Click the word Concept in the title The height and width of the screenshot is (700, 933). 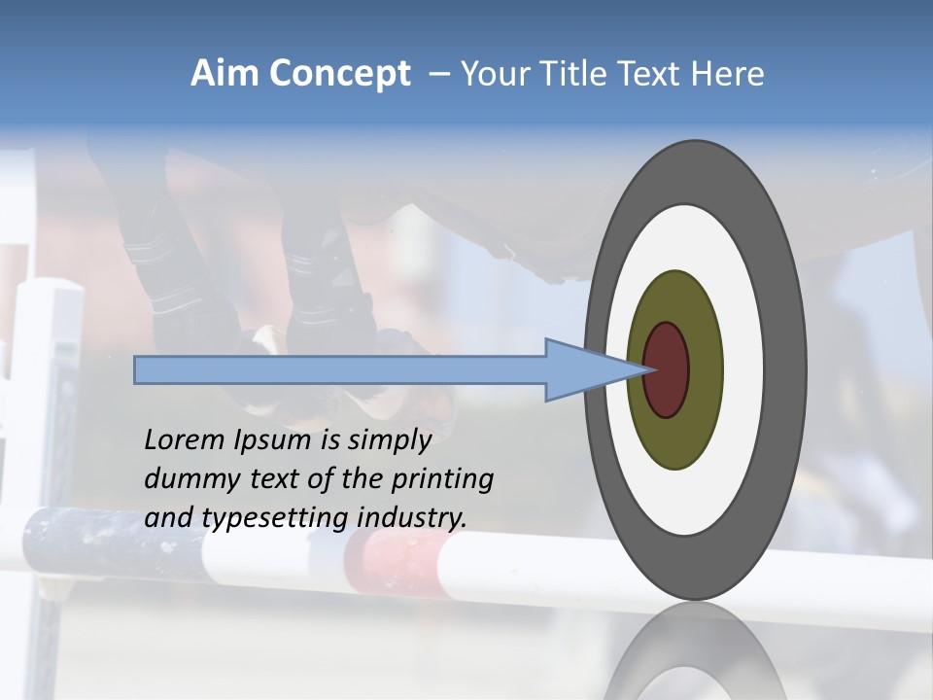[341, 75]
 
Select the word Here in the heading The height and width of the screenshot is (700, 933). [728, 74]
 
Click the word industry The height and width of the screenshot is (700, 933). [413, 518]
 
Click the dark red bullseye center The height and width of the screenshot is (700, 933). [667, 369]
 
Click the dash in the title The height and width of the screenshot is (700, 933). [438, 75]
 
